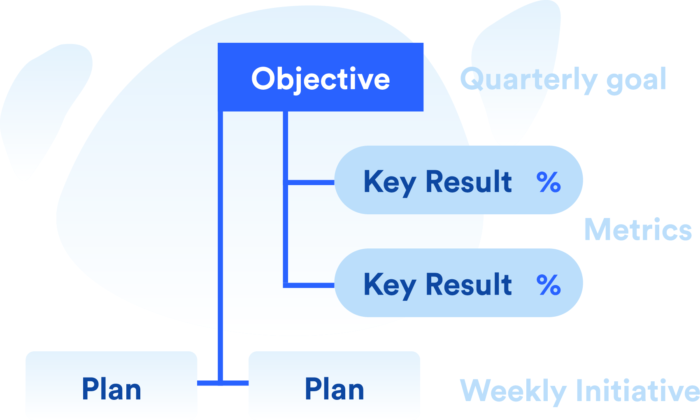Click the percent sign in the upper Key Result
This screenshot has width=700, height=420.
[x=549, y=182]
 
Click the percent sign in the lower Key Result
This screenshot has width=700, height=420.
[x=549, y=285]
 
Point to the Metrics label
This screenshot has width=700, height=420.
[x=638, y=230]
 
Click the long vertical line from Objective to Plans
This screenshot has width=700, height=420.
[x=221, y=247]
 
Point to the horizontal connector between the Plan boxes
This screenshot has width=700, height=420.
[x=235, y=383]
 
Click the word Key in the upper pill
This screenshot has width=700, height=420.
[x=389, y=182]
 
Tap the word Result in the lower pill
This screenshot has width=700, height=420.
[x=468, y=284]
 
